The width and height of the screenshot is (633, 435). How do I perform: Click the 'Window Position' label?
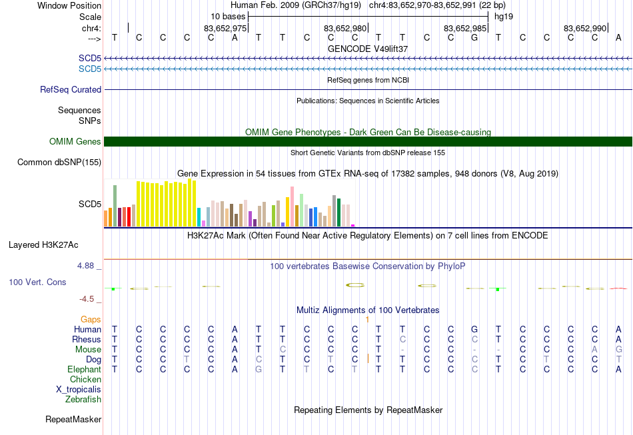click(69, 5)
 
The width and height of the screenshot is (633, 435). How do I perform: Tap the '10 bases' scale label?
click(228, 17)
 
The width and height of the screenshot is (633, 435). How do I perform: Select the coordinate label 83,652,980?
click(344, 28)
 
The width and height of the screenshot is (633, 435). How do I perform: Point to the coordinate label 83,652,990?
click(585, 28)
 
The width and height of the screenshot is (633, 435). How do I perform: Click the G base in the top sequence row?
click(474, 37)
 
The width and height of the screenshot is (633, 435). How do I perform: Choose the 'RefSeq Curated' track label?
click(71, 89)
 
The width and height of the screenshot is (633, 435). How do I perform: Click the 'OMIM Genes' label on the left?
click(75, 142)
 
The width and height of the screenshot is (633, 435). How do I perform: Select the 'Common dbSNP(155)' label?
click(59, 163)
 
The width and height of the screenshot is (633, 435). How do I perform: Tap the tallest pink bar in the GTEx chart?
click(292, 207)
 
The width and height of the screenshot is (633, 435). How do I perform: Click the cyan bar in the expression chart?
click(199, 217)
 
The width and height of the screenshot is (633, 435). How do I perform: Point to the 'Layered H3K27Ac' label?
click(43, 245)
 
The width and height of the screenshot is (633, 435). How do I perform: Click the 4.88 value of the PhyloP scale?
click(85, 266)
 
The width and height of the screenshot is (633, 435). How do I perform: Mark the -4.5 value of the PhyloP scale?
click(87, 299)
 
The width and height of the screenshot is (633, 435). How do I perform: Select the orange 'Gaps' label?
click(91, 320)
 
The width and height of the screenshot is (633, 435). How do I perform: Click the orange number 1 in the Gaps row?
click(367, 320)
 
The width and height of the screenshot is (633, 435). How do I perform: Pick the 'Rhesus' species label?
click(87, 339)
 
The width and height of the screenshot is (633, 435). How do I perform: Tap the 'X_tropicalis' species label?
click(79, 390)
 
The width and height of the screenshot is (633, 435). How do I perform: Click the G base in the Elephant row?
click(259, 369)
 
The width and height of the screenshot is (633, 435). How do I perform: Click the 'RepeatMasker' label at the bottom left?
click(73, 420)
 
